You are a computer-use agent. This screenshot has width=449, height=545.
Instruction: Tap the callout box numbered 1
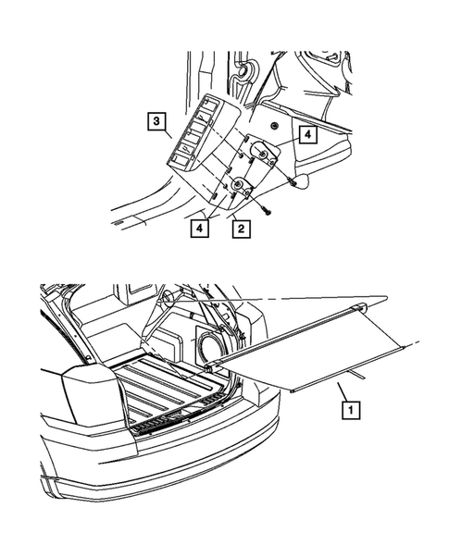point(348,406)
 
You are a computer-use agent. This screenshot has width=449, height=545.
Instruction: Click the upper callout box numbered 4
point(307,134)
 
